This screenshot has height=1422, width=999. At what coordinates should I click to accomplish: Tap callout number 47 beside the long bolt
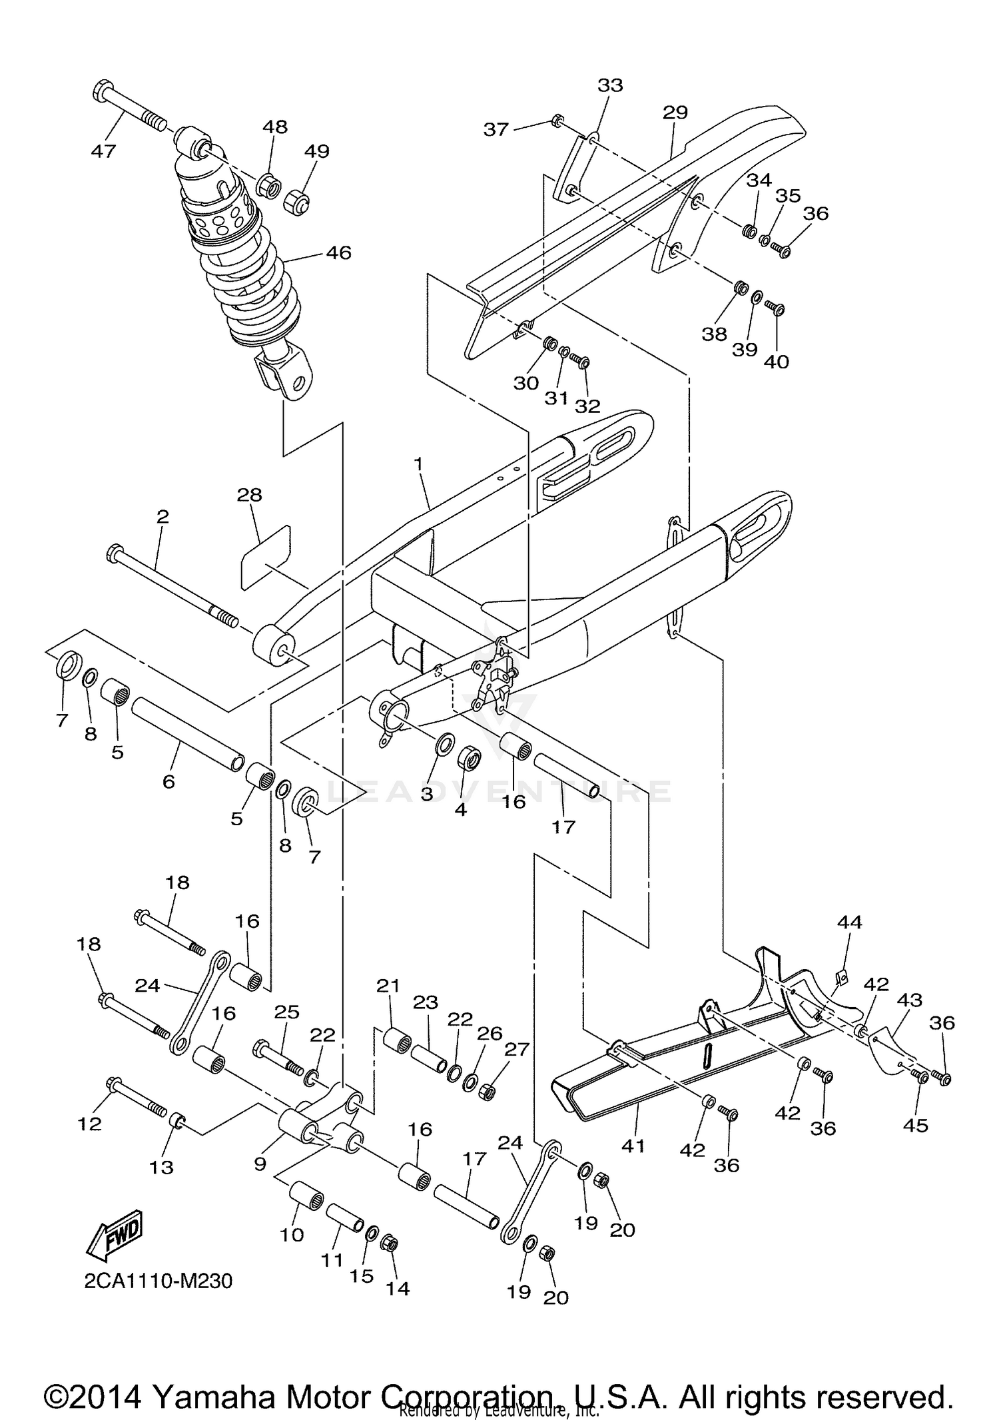tap(103, 151)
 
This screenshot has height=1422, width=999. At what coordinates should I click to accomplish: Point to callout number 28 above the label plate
tap(249, 495)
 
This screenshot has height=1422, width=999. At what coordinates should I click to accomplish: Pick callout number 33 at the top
tap(609, 85)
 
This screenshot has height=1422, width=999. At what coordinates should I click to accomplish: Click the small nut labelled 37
tap(557, 121)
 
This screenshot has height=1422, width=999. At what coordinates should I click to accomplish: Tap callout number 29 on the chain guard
tap(674, 112)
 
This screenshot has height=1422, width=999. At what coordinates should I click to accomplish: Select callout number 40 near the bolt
tap(776, 362)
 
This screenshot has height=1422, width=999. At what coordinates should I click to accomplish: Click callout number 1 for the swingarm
tap(418, 464)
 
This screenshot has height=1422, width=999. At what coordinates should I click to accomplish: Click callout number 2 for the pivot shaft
tap(163, 516)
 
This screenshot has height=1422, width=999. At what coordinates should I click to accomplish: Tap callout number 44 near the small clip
tap(849, 922)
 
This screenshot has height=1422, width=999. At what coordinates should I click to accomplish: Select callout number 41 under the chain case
tap(633, 1146)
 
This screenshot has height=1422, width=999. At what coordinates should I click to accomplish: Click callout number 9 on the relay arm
tap(260, 1163)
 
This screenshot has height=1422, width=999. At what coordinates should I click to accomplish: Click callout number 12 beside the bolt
tap(89, 1124)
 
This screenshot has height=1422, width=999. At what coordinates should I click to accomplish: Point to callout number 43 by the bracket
tap(909, 1000)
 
